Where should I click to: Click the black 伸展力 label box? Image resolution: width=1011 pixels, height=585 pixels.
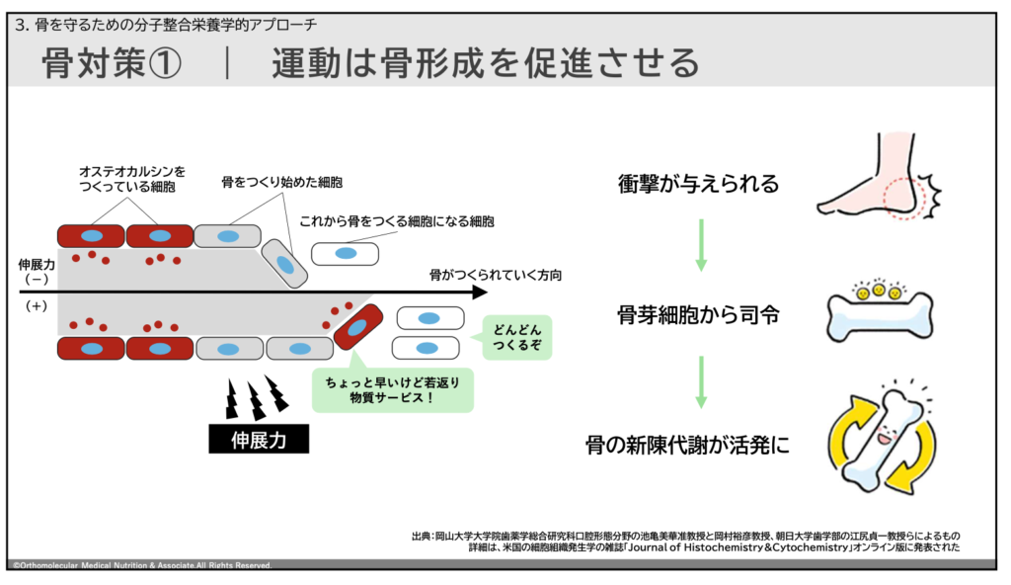click(259, 439)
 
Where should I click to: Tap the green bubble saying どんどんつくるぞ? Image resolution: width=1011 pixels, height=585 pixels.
click(516, 337)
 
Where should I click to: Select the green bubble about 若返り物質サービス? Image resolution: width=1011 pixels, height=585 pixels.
click(392, 389)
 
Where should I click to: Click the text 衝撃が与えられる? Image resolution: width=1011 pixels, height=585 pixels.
click(698, 184)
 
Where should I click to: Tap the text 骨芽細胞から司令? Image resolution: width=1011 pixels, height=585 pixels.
click(698, 315)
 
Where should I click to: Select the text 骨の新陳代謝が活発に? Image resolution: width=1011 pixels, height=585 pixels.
click(687, 445)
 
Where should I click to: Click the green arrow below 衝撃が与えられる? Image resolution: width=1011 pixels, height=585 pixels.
click(701, 245)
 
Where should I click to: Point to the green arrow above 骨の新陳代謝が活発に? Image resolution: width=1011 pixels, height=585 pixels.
click(701, 381)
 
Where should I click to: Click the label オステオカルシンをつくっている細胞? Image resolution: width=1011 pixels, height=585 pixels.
click(132, 179)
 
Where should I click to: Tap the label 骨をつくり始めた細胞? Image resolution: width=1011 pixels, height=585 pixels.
click(281, 182)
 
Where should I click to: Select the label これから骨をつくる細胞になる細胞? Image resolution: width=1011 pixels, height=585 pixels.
click(397, 221)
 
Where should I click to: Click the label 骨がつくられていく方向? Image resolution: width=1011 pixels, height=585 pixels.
click(496, 275)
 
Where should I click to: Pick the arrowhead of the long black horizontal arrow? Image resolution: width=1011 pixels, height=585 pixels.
click(481, 292)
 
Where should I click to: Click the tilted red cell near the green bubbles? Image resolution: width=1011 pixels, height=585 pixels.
click(357, 327)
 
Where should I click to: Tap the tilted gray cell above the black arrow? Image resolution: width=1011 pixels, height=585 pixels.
click(284, 264)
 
